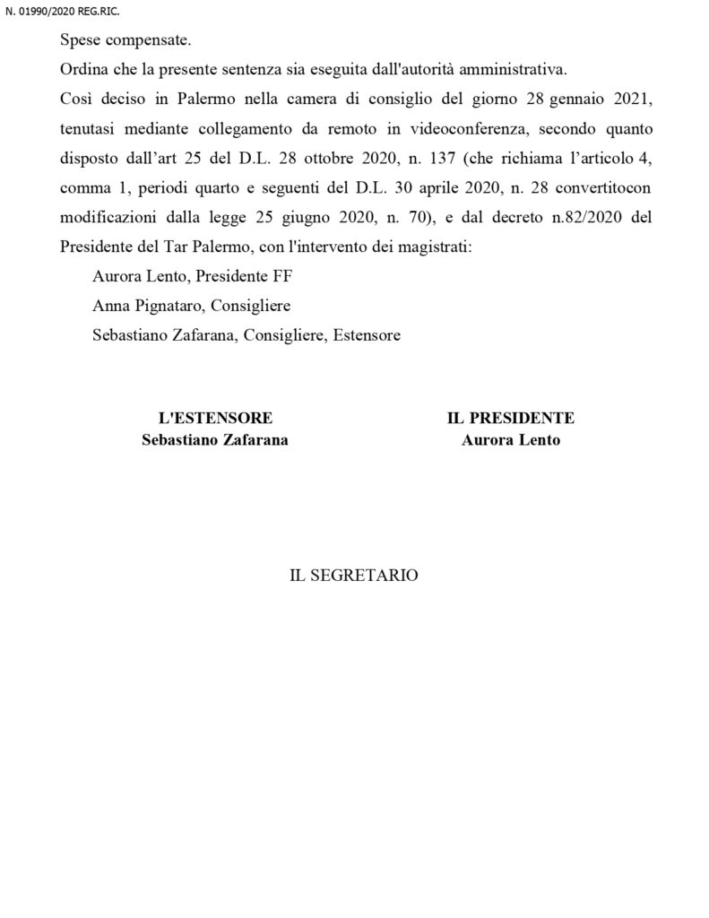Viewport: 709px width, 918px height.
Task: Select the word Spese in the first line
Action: click(x=80, y=41)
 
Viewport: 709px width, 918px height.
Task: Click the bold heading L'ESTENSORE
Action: click(x=215, y=419)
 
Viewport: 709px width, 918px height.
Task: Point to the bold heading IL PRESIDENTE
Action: click(x=511, y=419)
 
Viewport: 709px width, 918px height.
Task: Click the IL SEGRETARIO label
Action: click(x=353, y=576)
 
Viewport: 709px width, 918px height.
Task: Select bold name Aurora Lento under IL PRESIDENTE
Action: click(x=511, y=440)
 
